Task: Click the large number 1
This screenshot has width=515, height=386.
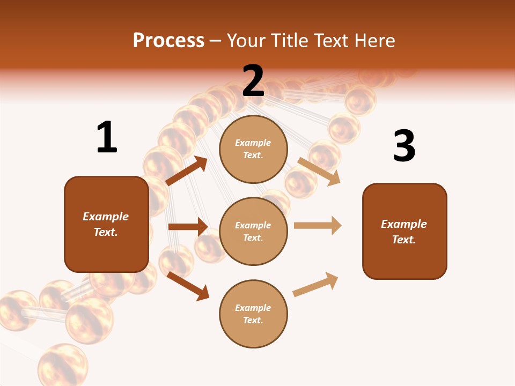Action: pos(107,138)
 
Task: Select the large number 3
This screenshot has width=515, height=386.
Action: pos(404,146)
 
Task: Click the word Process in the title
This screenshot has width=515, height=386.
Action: pos(168,40)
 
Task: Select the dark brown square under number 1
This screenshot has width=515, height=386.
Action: pos(106,224)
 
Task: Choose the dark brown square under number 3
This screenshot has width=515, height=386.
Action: pos(404,231)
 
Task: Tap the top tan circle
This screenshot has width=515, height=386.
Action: pos(253,149)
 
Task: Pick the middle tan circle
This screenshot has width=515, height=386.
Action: pos(253,231)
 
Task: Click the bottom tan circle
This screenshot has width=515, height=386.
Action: pos(253,314)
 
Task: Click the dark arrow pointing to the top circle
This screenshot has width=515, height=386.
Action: pos(187,171)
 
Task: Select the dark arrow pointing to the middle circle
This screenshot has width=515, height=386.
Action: pos(188,227)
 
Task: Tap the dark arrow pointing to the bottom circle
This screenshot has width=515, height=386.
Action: pos(188,286)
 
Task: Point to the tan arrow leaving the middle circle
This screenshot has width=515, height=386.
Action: pos(318,226)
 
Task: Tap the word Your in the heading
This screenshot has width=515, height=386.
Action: pos(246,40)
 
